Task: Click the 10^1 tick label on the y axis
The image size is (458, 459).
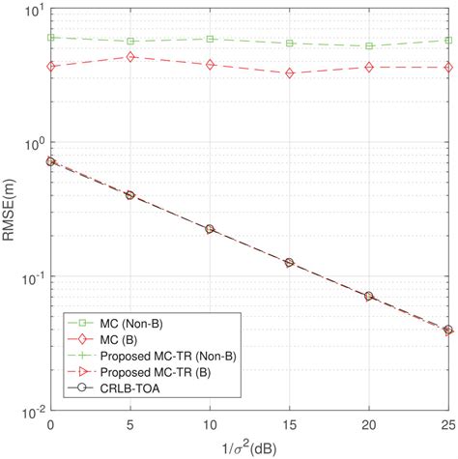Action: pos(34,11)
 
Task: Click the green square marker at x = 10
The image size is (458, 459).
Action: pos(210,39)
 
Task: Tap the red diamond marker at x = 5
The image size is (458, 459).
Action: pos(130,57)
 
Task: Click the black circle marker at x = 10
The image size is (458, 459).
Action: pos(210,229)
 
